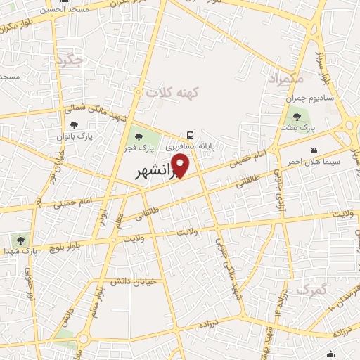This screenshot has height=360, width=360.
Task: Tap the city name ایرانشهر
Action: coord(156,172)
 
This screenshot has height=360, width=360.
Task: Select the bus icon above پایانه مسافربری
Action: coord(191,135)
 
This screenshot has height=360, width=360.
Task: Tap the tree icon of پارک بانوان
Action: coord(74,125)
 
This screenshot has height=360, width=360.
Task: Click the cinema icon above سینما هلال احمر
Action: coord(314,150)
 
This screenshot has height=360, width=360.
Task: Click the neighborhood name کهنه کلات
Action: coord(173,92)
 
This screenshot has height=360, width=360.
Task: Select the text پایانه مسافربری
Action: coord(189,148)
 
